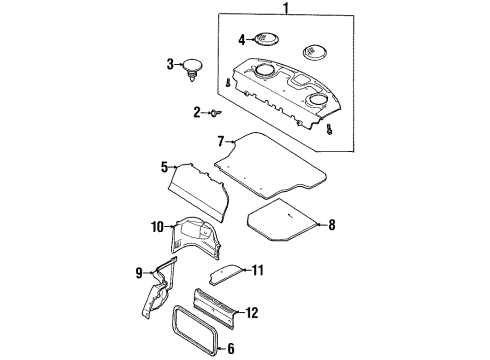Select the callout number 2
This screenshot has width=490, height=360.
click(198, 112)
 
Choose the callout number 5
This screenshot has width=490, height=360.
click(164, 168)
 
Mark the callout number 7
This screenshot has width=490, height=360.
click(221, 144)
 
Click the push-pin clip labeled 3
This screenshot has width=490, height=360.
click(192, 69)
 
